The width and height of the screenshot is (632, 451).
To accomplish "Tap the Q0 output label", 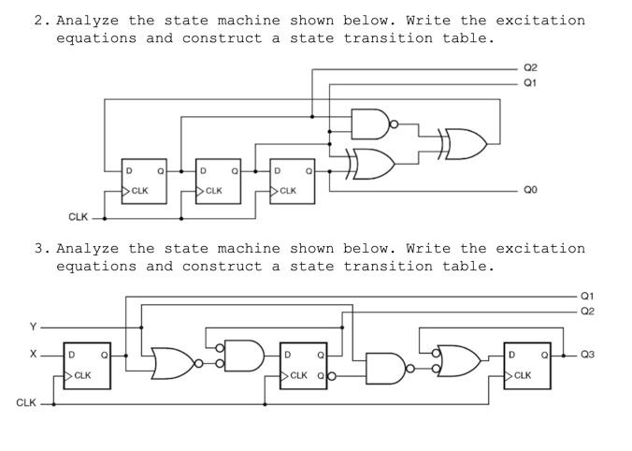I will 530,190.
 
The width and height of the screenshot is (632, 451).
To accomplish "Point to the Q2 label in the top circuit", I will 530,68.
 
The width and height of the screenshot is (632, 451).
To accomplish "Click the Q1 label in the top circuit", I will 530,82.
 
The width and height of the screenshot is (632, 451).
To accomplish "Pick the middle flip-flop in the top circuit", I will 218,181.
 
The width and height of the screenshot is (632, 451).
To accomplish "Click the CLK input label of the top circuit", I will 79,217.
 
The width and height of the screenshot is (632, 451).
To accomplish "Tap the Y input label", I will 33,327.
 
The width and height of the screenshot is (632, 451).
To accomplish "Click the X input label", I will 33,355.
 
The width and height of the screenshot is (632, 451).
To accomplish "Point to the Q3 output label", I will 587,355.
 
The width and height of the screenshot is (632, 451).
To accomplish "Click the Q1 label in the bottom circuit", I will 587,296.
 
